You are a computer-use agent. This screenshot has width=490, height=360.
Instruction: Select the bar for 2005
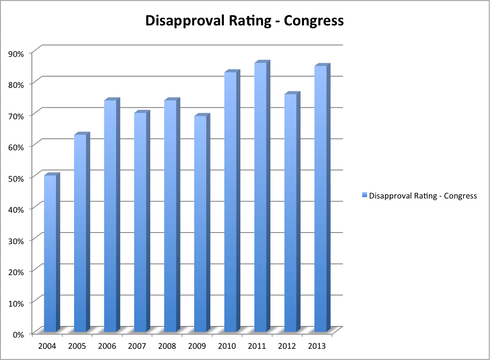[81, 233]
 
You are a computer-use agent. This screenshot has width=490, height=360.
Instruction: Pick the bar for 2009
[200, 223]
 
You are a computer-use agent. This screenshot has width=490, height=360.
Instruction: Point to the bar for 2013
[321, 199]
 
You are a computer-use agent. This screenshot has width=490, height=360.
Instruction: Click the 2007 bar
[140, 222]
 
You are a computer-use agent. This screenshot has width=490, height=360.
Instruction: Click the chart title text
[245, 21]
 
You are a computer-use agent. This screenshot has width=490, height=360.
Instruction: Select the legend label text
[423, 196]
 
